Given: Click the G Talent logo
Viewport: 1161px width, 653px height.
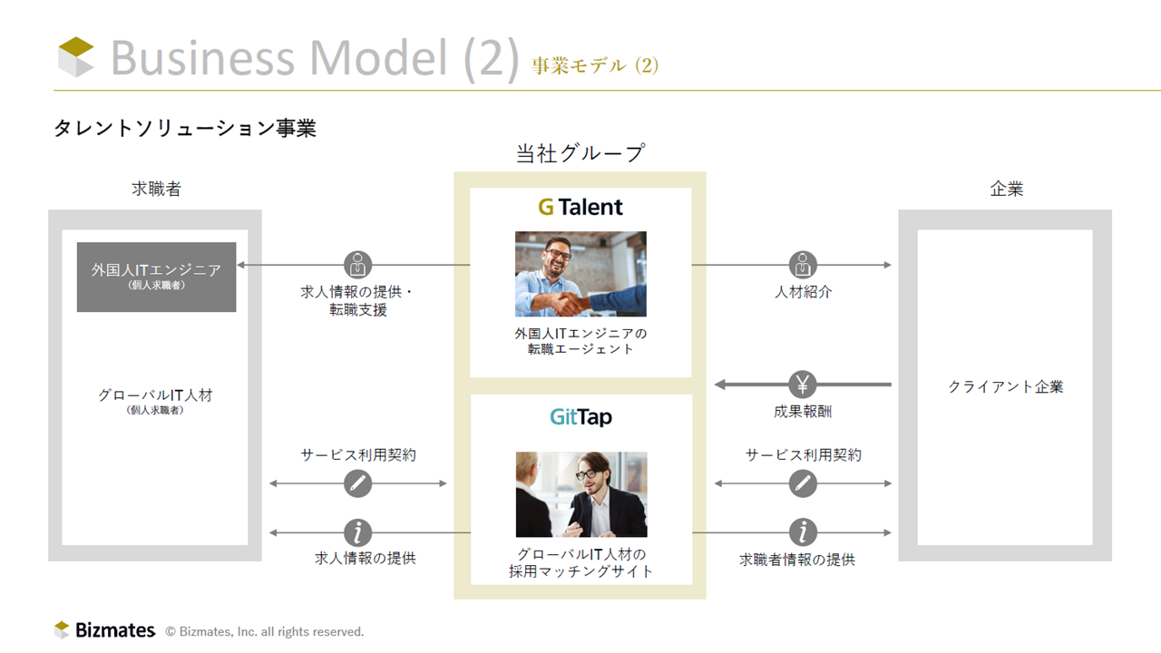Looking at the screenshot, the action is [580, 208].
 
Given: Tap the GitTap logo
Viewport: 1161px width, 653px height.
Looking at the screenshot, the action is [580, 417].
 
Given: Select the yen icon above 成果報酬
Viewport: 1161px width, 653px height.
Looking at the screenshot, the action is [803, 385].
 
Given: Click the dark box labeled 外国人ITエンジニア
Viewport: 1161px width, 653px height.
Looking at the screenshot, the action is [157, 278].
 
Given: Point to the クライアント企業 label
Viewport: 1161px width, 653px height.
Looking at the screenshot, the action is [1006, 386].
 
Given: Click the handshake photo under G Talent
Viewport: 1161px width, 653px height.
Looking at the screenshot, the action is [580, 274].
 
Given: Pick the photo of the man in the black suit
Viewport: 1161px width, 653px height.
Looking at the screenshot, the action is [581, 494].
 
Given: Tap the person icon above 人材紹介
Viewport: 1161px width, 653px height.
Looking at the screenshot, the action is [803, 265].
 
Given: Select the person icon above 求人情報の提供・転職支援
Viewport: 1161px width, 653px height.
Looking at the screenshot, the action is [357, 265].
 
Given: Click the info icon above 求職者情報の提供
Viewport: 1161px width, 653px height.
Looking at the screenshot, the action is [803, 532].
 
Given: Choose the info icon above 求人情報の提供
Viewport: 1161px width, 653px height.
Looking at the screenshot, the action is [357, 532].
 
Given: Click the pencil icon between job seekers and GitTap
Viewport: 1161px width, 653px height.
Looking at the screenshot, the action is [357, 483].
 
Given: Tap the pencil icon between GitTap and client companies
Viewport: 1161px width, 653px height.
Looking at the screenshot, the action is [803, 483].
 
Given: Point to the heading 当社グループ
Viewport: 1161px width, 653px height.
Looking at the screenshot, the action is [580, 153].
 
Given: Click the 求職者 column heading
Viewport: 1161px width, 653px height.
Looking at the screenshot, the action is [156, 189].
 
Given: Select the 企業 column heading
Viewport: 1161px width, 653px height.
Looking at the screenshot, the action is [1007, 189].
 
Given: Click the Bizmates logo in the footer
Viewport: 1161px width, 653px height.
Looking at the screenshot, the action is [104, 629].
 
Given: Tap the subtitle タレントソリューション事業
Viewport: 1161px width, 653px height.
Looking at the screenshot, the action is [185, 128].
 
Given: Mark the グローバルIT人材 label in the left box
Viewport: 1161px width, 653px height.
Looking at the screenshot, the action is [155, 395].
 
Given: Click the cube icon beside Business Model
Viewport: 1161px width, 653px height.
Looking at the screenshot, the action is [76, 57].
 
